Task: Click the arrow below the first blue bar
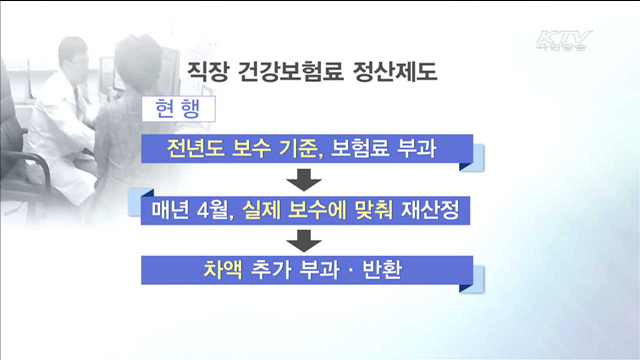(x=304, y=181)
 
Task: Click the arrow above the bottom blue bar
(x=304, y=241)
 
